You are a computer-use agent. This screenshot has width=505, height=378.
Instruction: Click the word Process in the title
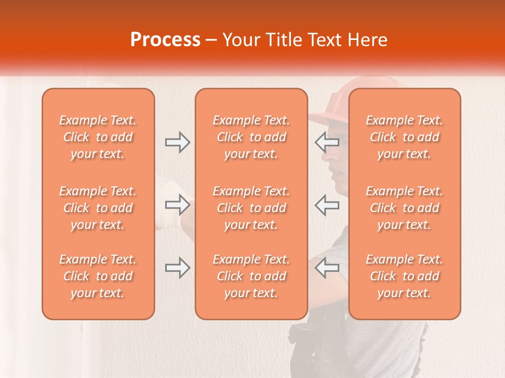click(165, 40)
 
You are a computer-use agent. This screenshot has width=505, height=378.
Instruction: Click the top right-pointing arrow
click(177, 142)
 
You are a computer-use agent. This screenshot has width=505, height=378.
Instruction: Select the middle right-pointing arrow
click(177, 205)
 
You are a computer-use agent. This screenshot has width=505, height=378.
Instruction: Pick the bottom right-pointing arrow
click(177, 268)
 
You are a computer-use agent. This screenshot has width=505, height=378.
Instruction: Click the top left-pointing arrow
click(327, 142)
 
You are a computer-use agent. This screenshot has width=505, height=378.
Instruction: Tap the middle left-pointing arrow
click(327, 205)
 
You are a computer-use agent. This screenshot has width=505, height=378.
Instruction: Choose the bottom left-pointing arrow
click(327, 268)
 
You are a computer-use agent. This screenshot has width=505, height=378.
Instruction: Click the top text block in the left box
click(98, 137)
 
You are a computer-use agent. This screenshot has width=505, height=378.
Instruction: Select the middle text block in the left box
click(98, 208)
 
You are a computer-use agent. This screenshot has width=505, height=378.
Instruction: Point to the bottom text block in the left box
click(98, 276)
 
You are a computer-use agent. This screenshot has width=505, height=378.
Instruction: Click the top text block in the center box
click(251, 137)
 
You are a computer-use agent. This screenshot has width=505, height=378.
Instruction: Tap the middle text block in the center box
click(251, 208)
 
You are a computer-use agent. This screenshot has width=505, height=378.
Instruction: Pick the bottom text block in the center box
click(251, 276)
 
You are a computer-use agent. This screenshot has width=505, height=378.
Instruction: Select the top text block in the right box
click(404, 137)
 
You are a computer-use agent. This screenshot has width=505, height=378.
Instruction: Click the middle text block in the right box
click(404, 208)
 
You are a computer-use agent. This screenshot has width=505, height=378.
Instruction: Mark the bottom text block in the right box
click(404, 276)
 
